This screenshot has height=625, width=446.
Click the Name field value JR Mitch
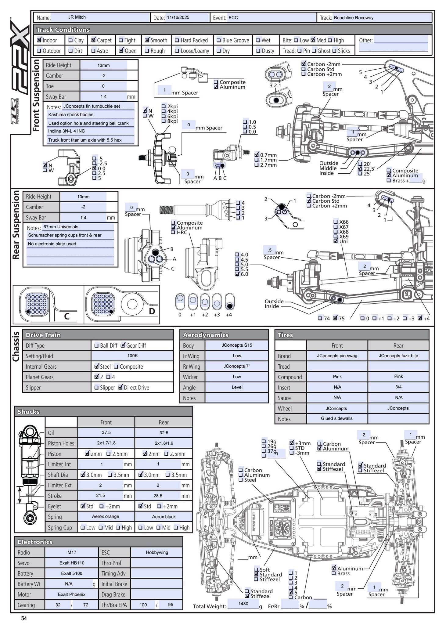(x=77, y=17)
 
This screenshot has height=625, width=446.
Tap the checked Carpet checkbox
(x=93, y=40)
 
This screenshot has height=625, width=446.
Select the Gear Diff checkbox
(x=123, y=345)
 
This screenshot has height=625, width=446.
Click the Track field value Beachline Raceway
(x=354, y=18)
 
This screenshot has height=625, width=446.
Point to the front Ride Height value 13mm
(x=103, y=65)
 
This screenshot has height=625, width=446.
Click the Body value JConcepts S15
(x=237, y=345)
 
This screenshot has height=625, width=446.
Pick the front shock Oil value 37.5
(x=106, y=432)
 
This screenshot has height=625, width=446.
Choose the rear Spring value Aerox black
(x=164, y=517)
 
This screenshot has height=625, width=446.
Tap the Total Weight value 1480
(x=243, y=603)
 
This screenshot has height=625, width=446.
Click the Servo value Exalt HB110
(x=72, y=563)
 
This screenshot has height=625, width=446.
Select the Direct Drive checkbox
(x=120, y=387)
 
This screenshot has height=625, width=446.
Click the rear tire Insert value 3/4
(x=398, y=387)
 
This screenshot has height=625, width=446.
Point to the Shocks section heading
(x=29, y=412)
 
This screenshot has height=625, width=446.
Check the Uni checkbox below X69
(x=336, y=241)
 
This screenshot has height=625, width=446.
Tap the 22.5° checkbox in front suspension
(x=360, y=168)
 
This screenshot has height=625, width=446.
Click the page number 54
(x=24, y=618)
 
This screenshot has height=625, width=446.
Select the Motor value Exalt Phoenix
(x=72, y=594)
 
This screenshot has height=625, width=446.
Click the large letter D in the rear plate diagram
(x=152, y=311)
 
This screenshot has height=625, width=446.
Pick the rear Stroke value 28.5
(x=158, y=496)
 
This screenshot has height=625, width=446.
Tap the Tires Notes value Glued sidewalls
(x=336, y=418)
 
